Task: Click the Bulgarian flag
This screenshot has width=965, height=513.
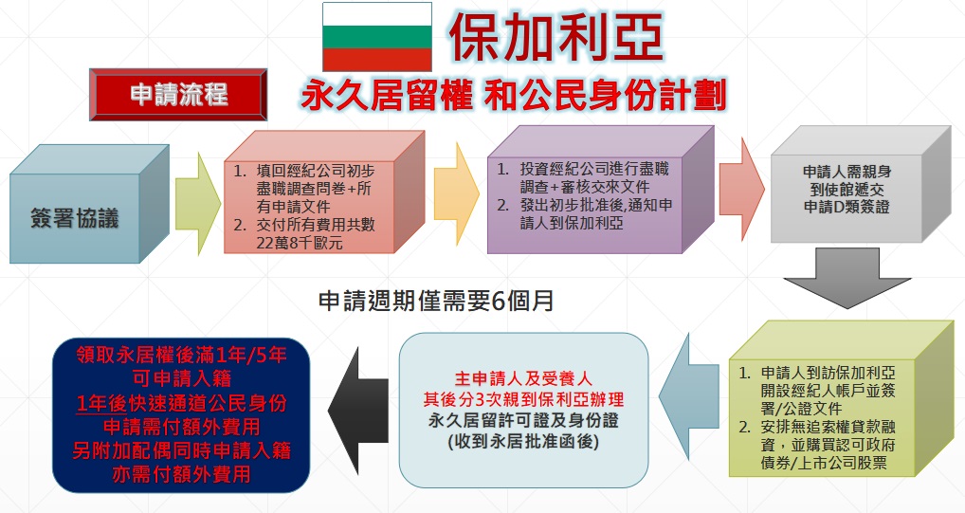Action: click(x=376, y=37)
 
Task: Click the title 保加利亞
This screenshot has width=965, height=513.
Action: click(x=556, y=37)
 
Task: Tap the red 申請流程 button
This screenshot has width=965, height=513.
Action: click(x=178, y=94)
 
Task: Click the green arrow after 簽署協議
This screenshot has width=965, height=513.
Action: click(x=197, y=204)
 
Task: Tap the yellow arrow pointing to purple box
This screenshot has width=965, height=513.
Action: click(x=456, y=193)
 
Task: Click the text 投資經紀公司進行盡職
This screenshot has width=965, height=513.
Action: click(x=594, y=169)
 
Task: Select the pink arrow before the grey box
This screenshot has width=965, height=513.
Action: click(x=741, y=189)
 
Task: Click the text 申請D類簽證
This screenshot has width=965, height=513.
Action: click(x=847, y=207)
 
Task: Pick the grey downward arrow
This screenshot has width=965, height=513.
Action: click(x=847, y=278)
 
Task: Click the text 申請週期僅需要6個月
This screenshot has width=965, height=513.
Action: click(x=436, y=302)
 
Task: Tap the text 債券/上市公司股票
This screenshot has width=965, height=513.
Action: click(x=824, y=463)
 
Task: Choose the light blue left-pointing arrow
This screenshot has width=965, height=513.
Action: click(x=688, y=389)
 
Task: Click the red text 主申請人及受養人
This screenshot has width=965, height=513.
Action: click(x=523, y=378)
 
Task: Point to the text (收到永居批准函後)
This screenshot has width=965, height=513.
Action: click(x=523, y=442)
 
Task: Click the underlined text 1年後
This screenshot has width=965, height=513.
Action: click(x=101, y=403)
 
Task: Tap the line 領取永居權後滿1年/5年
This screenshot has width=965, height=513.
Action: click(x=182, y=356)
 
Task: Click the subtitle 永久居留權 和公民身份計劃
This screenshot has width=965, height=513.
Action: click(x=514, y=96)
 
